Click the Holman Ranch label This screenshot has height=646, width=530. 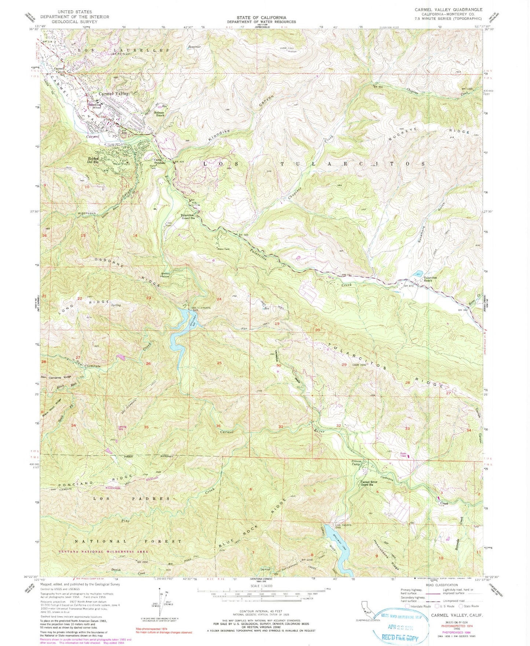pos(159,114)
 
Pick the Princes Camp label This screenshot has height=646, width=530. pos(357,463)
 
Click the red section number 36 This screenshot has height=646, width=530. pos(218,426)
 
